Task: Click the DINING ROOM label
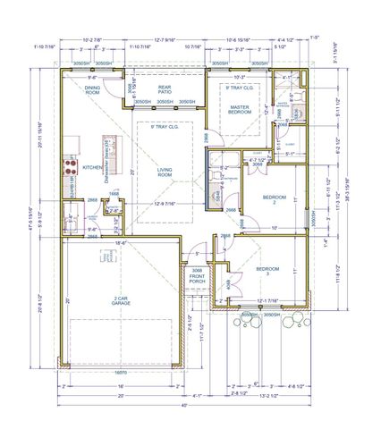[94, 89]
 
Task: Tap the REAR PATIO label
[164, 89]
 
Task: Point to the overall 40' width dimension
[184, 405]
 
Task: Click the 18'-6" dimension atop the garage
[119, 241]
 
